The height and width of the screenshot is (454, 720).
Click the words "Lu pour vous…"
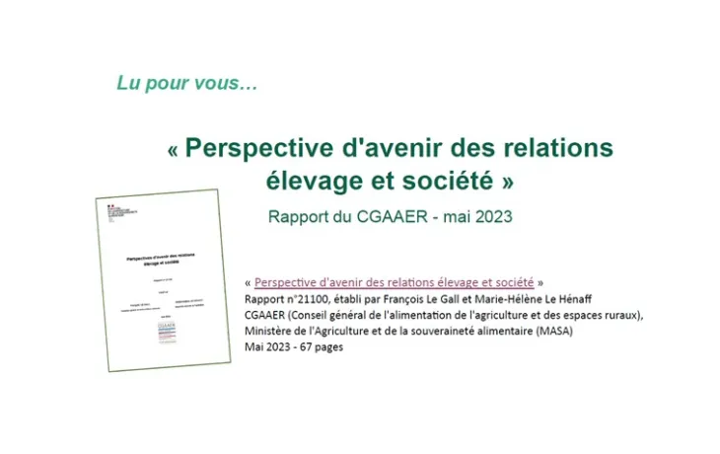click(187, 84)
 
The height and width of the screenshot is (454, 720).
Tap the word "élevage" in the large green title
click(312, 182)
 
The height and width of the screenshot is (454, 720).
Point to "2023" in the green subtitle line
click(488, 216)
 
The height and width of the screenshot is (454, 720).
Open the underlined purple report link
click(394, 282)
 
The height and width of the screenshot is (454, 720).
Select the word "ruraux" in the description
click(620, 315)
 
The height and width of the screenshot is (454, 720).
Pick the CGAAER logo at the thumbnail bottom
click(166, 333)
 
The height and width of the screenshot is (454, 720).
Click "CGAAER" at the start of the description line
click(267, 315)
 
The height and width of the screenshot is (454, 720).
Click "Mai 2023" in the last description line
click(267, 346)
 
